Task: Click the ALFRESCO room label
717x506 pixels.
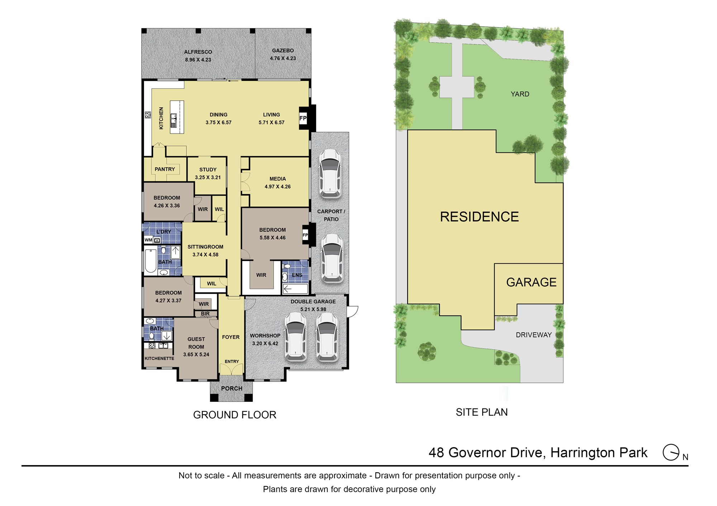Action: point(198,52)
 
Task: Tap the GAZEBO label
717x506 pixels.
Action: point(283,51)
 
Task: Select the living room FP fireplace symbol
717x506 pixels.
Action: point(303,118)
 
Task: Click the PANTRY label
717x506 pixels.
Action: point(165,169)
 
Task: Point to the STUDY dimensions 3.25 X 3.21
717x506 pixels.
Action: point(208,177)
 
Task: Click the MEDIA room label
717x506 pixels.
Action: point(278,179)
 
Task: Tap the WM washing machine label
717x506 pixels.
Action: point(148,240)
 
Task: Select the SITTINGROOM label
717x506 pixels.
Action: point(205,247)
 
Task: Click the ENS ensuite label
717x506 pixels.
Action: point(297,275)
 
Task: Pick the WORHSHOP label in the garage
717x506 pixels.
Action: point(265,336)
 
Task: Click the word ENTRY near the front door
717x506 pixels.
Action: point(232,362)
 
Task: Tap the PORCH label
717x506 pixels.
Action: point(232,389)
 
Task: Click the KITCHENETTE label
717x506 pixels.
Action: point(160,358)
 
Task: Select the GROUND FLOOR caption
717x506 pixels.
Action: point(235,415)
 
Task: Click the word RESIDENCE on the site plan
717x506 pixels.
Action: point(479,217)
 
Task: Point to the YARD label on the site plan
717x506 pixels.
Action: point(520,94)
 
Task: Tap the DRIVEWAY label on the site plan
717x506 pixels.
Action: point(534,335)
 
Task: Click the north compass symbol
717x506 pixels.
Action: point(671,452)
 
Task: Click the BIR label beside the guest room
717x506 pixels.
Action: point(205,314)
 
